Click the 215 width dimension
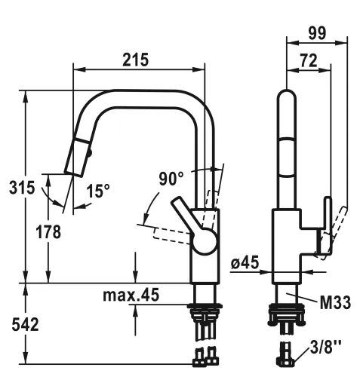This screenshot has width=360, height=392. [x=136, y=59]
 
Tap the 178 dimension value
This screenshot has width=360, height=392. [x=48, y=232]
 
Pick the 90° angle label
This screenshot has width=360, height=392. [x=171, y=179]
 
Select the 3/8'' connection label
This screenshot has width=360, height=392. [x=326, y=348]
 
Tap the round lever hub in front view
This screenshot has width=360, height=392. [x=203, y=242]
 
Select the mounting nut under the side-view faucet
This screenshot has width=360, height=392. [x=285, y=311]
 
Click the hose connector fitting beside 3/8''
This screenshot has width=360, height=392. [x=286, y=354]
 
